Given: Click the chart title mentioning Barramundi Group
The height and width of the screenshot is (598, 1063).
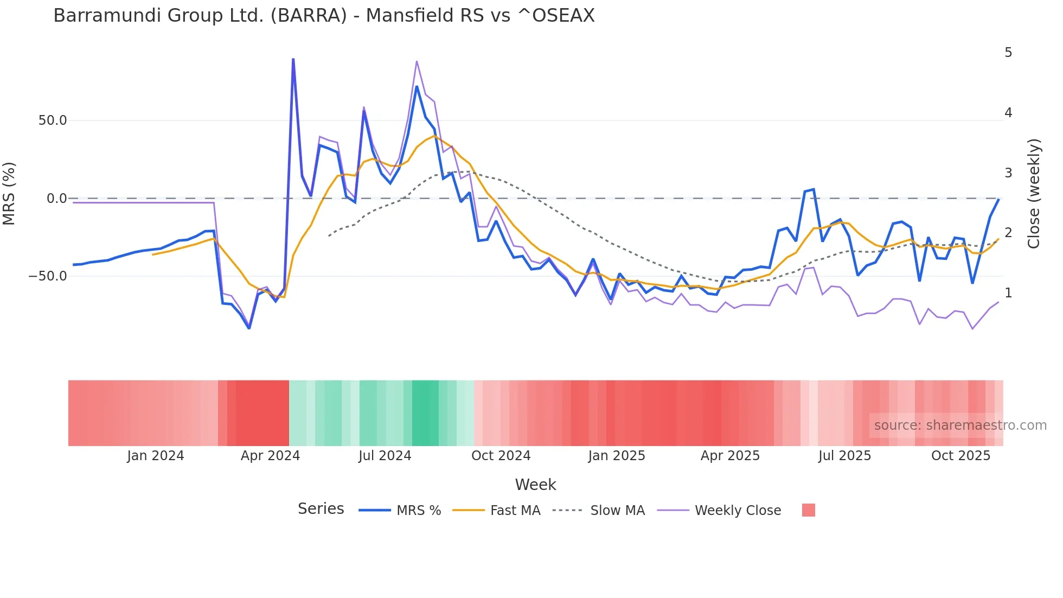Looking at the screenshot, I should tap(324, 16).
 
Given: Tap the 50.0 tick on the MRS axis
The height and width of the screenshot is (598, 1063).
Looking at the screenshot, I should tap(53, 120).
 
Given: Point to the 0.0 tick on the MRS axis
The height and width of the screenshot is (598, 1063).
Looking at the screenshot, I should tap(56, 199).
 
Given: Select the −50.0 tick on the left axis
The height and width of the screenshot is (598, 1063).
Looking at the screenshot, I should tap(48, 276).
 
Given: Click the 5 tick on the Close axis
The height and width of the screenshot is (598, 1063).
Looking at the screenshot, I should tap(1008, 53).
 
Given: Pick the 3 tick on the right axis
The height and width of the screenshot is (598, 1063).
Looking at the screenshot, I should tap(1008, 173).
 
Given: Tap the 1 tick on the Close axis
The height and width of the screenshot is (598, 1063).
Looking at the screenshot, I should tap(1008, 293).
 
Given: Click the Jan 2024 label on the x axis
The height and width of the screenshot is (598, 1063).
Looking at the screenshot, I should tap(156, 456).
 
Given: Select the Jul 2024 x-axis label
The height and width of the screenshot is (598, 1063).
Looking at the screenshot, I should tap(385, 456).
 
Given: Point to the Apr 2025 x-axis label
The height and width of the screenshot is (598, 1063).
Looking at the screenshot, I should tap(730, 456).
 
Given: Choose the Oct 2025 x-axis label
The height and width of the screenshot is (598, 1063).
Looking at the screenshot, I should tap(960, 456).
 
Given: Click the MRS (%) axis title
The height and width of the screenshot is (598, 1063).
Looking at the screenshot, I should tap(9, 193).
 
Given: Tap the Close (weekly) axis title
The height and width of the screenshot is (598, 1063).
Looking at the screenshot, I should tap(1034, 194).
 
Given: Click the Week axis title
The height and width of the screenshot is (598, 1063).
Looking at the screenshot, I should tap(535, 485).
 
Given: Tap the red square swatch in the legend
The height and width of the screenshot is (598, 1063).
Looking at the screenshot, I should tap(808, 510).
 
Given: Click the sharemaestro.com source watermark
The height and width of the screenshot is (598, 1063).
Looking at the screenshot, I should tap(960, 425).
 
